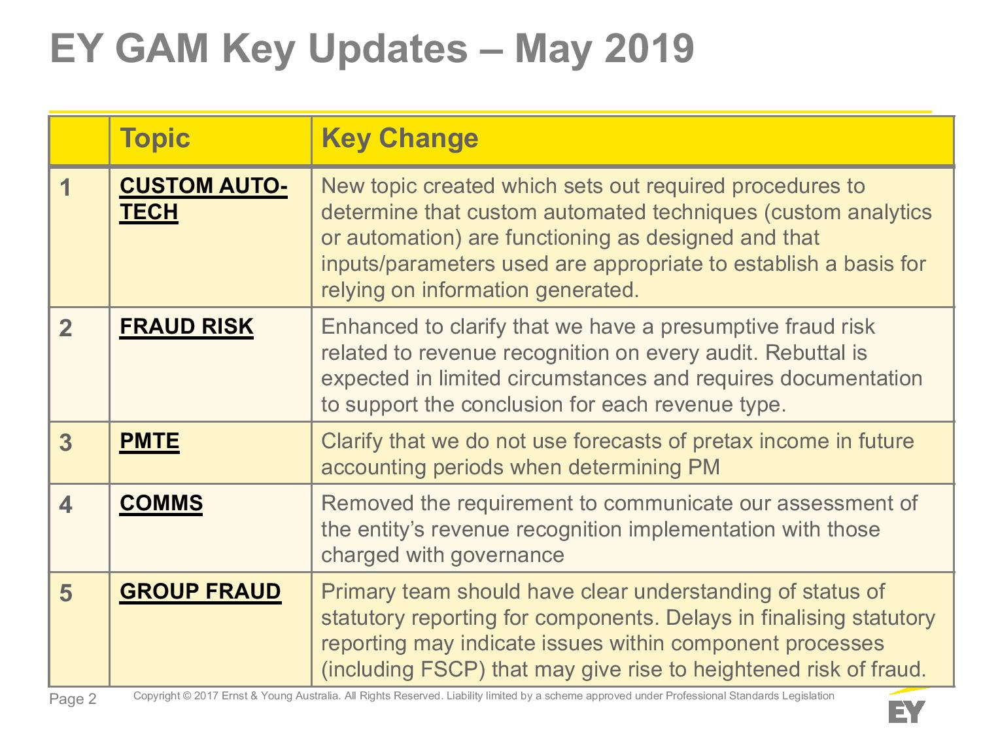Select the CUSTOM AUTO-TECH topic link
tap(203, 198)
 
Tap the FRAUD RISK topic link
tap(186, 326)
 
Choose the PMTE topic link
tap(149, 441)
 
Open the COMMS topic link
tap(161, 503)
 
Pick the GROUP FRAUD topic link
tap(200, 591)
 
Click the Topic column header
tap(155, 138)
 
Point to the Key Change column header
tap(400, 138)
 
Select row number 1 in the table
tap(65, 187)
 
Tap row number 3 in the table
tap(65, 442)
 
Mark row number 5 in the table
tap(65, 593)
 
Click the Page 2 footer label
tap(73, 699)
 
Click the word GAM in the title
tap(162, 48)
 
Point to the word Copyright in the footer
tap(156, 696)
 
